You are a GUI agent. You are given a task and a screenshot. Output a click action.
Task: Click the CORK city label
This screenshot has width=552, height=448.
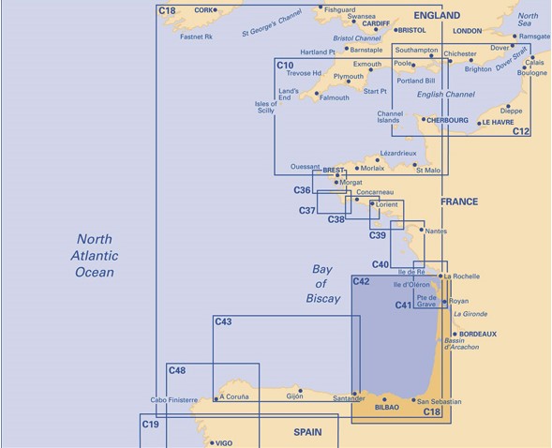[203, 10]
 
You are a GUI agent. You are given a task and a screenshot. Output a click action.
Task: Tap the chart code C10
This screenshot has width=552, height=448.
[285, 66]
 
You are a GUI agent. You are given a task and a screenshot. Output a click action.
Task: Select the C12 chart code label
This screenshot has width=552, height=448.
[521, 131]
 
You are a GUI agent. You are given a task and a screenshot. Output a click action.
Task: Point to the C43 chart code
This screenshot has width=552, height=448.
[224, 321]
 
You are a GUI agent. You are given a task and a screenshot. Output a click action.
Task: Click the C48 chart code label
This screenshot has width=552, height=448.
[177, 370]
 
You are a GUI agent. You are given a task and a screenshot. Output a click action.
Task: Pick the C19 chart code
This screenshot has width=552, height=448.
[151, 425]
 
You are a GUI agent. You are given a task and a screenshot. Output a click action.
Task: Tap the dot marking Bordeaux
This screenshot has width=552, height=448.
[455, 334]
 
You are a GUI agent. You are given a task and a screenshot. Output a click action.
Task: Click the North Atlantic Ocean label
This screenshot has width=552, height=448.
[95, 256]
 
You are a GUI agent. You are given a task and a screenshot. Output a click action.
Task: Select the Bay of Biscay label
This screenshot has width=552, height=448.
[322, 284]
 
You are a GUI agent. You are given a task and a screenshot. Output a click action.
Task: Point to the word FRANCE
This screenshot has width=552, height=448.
[459, 202]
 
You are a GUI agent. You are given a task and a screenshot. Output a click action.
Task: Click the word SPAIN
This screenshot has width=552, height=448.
[307, 432]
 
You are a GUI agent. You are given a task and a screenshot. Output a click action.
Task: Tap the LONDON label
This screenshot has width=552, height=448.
[467, 31]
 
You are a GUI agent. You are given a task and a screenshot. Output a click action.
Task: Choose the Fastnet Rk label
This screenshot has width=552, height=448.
[197, 37]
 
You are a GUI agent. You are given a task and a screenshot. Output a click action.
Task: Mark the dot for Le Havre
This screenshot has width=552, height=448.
[479, 123]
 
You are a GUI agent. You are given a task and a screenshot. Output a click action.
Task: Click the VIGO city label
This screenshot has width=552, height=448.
[224, 443]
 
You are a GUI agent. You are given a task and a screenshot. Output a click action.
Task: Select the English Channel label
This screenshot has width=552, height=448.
[446, 95]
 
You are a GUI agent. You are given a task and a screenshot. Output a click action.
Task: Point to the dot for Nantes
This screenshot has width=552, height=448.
[422, 230]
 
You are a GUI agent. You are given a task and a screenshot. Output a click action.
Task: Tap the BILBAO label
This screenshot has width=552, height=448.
[387, 408]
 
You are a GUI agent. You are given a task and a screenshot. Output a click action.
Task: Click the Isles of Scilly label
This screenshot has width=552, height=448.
[266, 107]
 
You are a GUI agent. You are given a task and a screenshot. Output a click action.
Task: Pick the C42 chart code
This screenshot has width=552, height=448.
[361, 281]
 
